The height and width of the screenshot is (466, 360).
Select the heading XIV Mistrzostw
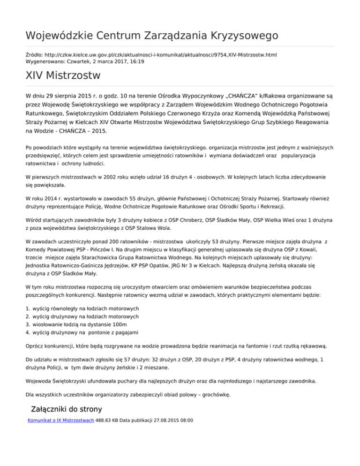pos(63,75)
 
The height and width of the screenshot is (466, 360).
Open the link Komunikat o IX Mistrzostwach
pos(61,421)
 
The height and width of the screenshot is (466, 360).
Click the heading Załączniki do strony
pos(66,408)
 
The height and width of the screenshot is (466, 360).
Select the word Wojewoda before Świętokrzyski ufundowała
pos(41,380)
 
